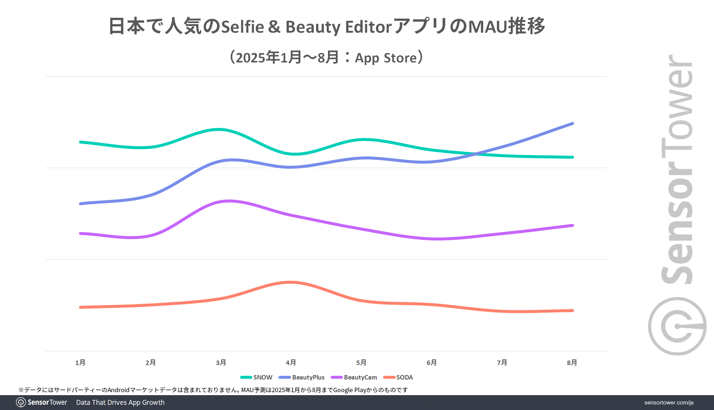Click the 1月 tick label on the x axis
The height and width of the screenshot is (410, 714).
(80, 362)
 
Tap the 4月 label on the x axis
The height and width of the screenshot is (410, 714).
(291, 362)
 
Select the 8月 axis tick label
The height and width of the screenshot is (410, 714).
(572, 362)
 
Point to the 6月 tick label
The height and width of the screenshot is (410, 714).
(431, 362)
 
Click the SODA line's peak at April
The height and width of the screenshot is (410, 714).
(291, 282)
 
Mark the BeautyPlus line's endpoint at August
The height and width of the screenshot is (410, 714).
(572, 123)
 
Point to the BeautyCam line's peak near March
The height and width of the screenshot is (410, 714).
(229, 201)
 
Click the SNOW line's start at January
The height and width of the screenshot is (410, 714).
(80, 142)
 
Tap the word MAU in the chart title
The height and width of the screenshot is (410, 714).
(488, 27)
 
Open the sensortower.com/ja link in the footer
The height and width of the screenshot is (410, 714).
(669, 403)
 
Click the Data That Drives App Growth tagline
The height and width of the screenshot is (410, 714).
(120, 403)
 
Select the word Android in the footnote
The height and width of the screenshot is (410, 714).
(118, 390)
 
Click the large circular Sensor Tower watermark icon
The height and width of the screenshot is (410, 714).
(677, 326)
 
